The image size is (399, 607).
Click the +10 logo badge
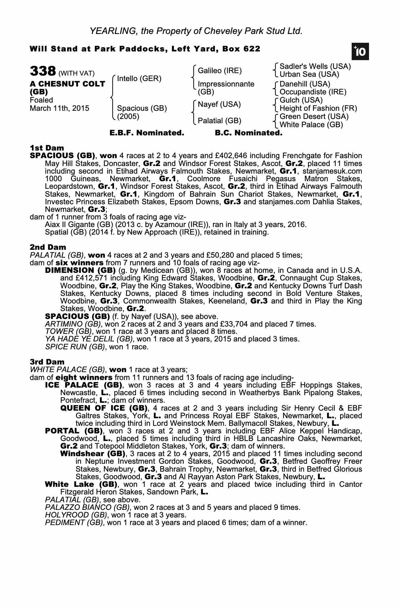tap(360, 52)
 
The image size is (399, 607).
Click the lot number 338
tap(43, 71)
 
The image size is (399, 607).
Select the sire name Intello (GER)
tap(139, 79)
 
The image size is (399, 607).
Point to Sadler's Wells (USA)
tap(315, 66)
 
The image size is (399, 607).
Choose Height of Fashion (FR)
tap(318, 108)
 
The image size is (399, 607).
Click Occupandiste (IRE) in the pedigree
tap(313, 92)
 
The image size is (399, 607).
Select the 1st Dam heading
tap(47, 148)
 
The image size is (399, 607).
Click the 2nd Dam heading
tap(48, 247)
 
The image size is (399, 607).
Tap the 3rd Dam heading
tap(47, 362)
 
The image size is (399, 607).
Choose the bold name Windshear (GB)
tap(93, 454)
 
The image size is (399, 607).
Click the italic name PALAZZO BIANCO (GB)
tap(88, 507)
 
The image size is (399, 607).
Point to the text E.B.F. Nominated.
tap(147, 133)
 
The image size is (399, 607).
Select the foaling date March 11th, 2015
tap(60, 108)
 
